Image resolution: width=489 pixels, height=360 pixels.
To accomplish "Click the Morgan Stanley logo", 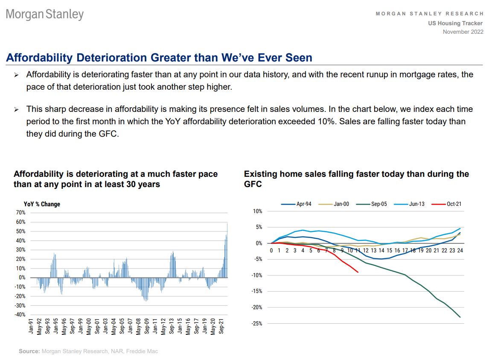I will click(x=45, y=15).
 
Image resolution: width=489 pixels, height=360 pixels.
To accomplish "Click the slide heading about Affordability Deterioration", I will click(x=159, y=58).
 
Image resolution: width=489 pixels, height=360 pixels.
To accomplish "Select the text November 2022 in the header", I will click(x=463, y=32).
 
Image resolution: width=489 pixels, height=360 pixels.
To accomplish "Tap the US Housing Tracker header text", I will click(x=455, y=23).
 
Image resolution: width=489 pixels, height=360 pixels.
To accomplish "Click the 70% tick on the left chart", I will click(x=20, y=212).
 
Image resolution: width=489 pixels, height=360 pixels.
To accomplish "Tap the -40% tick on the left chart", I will click(x=19, y=315).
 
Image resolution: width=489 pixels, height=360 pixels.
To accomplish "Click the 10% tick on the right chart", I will click(x=257, y=211).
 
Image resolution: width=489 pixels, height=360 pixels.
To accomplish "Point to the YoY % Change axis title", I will click(x=42, y=204).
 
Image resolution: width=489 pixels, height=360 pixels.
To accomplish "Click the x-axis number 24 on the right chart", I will click(x=460, y=250).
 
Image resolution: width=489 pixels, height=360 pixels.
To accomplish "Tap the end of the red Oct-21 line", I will click(x=358, y=272).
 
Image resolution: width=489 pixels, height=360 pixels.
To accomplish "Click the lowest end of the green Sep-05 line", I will click(x=460, y=317).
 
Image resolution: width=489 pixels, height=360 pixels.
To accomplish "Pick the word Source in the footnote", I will click(x=29, y=351).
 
